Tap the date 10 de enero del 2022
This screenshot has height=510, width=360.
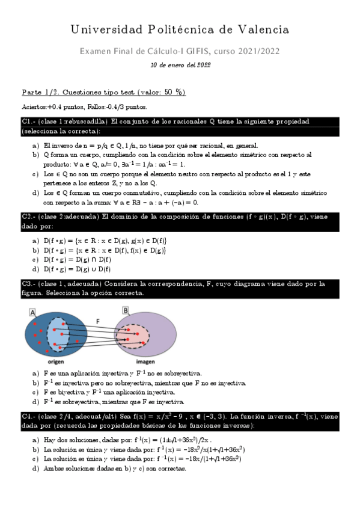[180, 65]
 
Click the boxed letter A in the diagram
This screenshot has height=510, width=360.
[32, 311]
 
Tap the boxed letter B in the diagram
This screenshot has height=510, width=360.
[126, 311]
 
